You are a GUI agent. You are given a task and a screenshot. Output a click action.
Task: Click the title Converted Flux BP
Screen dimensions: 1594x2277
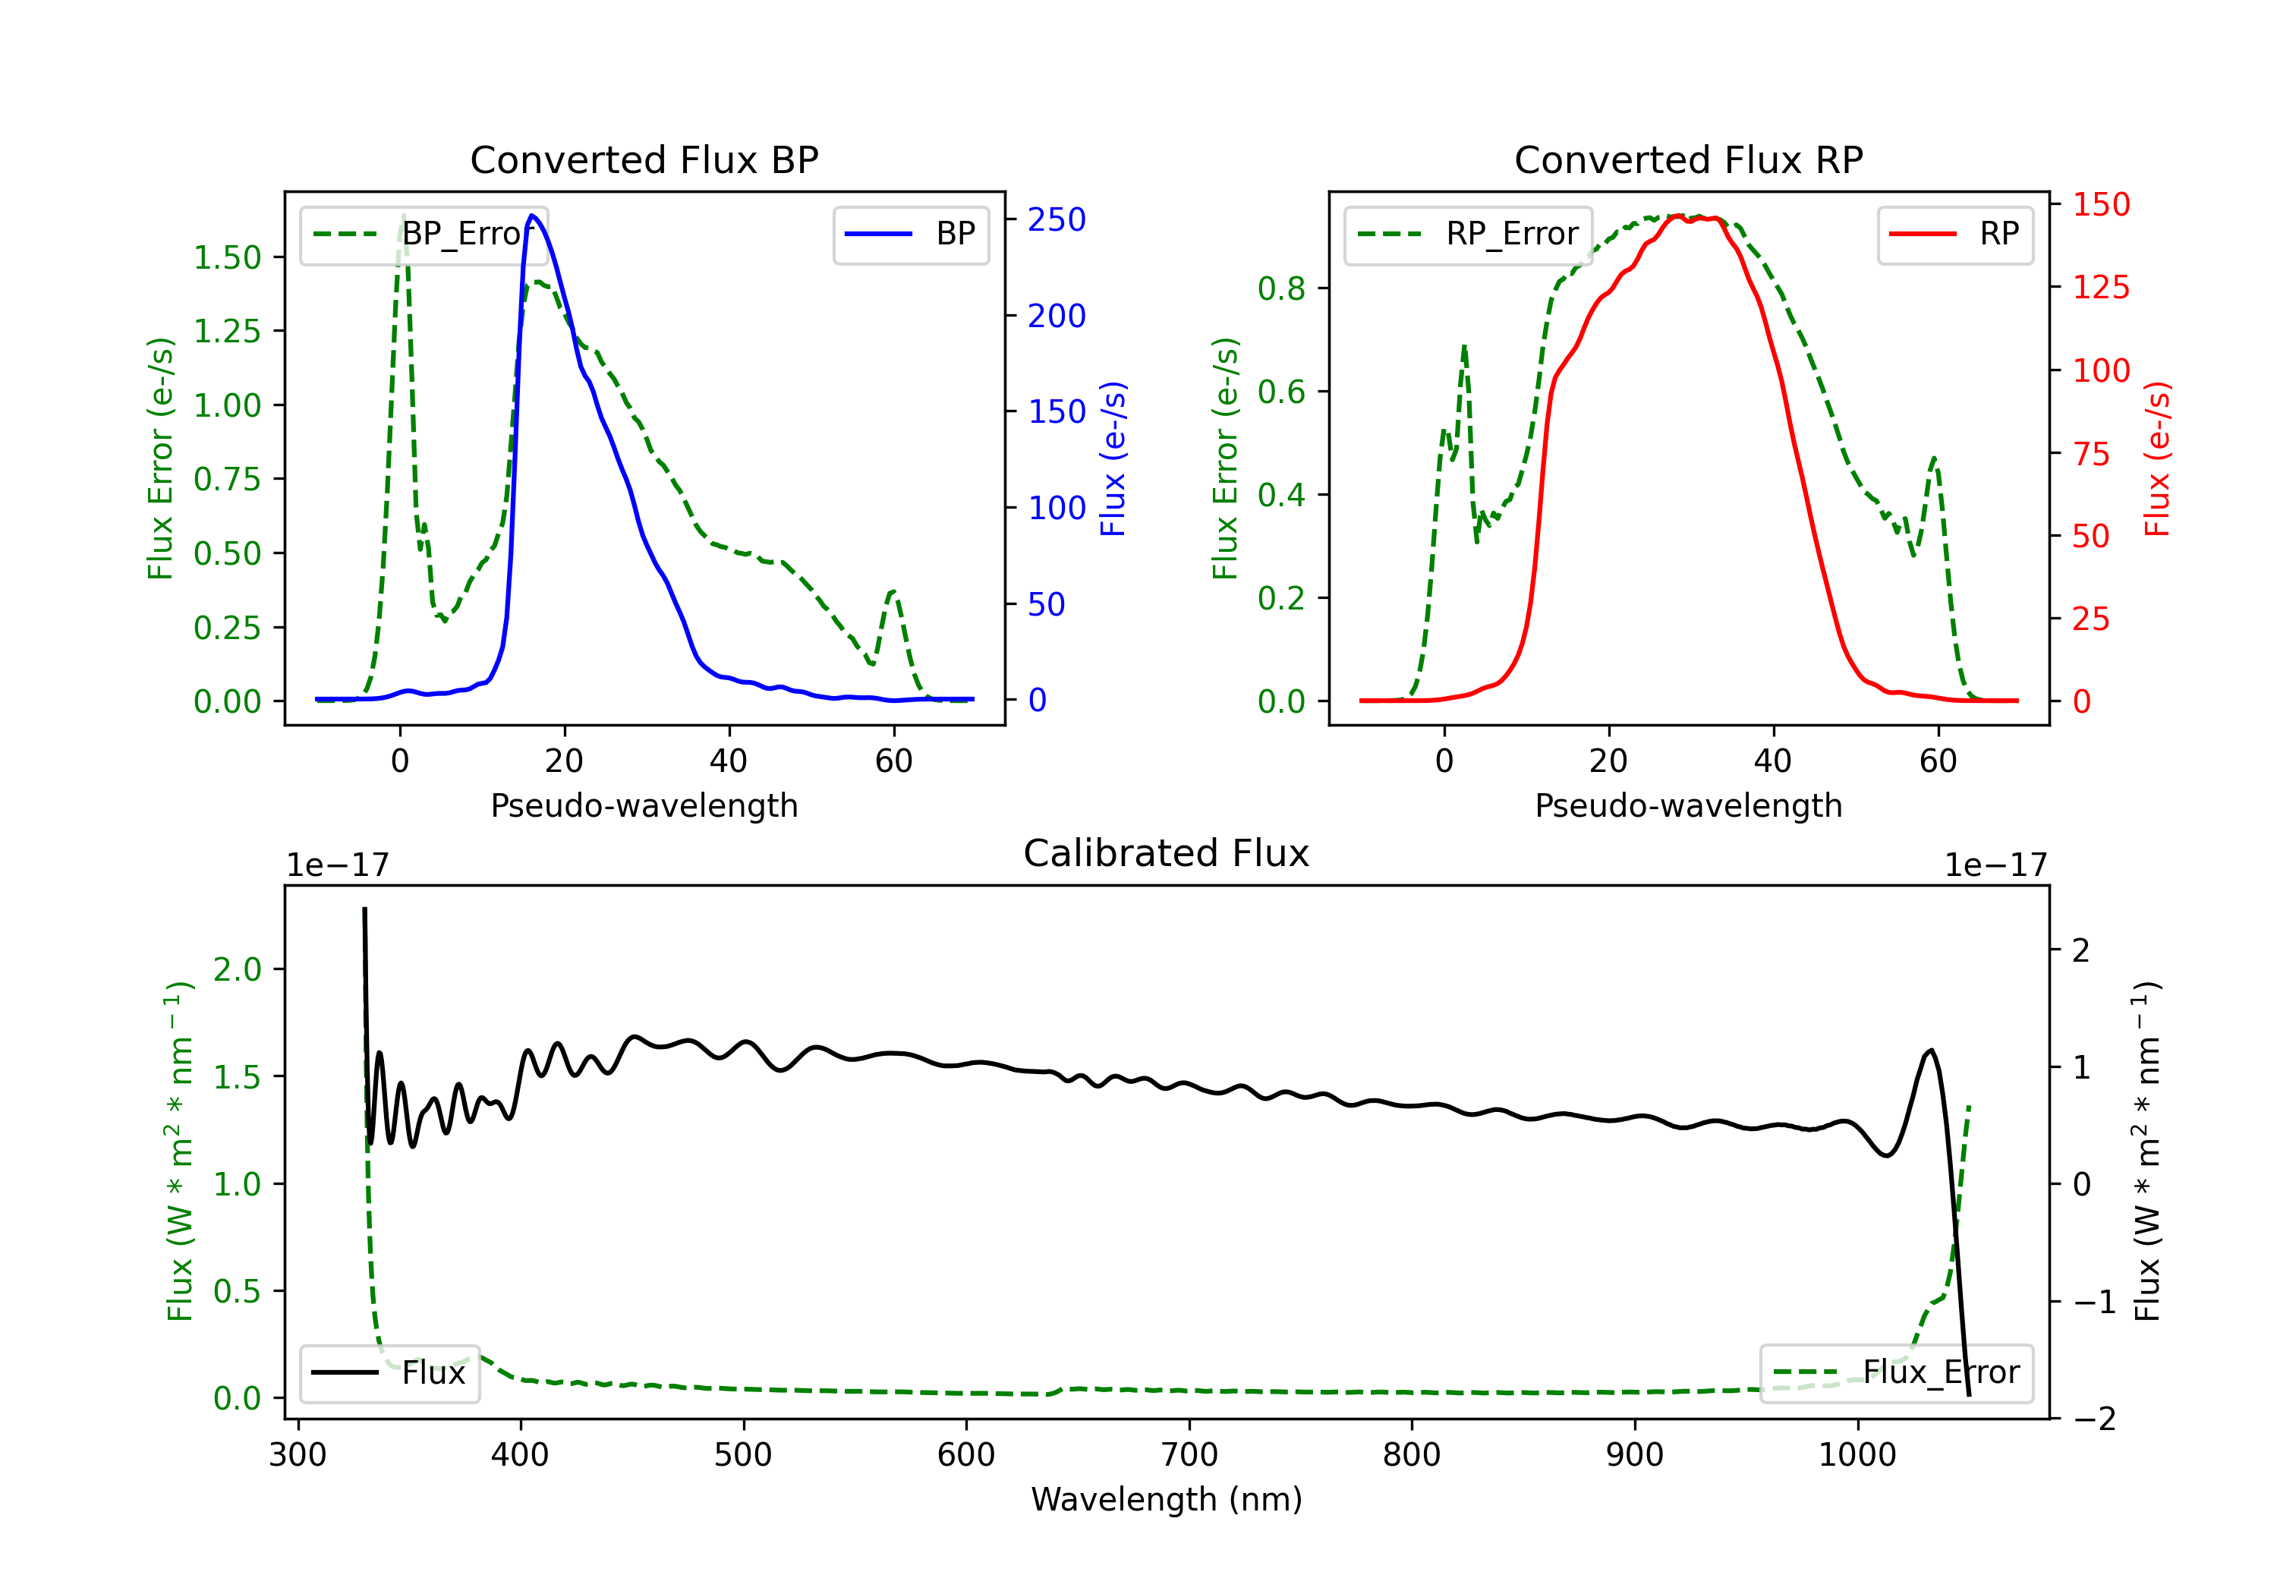click(644, 159)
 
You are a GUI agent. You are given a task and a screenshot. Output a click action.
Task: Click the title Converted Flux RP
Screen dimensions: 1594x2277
click(1688, 159)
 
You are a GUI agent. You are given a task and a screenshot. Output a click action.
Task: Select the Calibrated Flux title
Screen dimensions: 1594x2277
click(1167, 853)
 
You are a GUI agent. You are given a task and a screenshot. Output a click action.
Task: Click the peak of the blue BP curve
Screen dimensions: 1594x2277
click(533, 216)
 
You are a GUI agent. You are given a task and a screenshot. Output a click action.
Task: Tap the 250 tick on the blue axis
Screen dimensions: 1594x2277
click(1057, 220)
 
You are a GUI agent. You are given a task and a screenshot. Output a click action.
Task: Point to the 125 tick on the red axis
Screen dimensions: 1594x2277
click(2100, 288)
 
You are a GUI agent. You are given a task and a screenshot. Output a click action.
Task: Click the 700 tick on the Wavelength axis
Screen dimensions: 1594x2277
click(1189, 1455)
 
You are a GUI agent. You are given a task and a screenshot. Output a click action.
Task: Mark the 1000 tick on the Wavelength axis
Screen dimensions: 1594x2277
click(1857, 1455)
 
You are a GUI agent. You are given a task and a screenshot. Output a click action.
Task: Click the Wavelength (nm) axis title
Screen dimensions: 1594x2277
click(1167, 1499)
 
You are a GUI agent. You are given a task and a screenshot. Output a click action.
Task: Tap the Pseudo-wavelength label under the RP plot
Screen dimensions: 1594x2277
click(1688, 805)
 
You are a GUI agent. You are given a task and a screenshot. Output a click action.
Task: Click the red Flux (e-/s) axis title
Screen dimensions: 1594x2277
click(2158, 458)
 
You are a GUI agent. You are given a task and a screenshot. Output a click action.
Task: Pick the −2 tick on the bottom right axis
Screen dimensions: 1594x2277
click(2093, 1419)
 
